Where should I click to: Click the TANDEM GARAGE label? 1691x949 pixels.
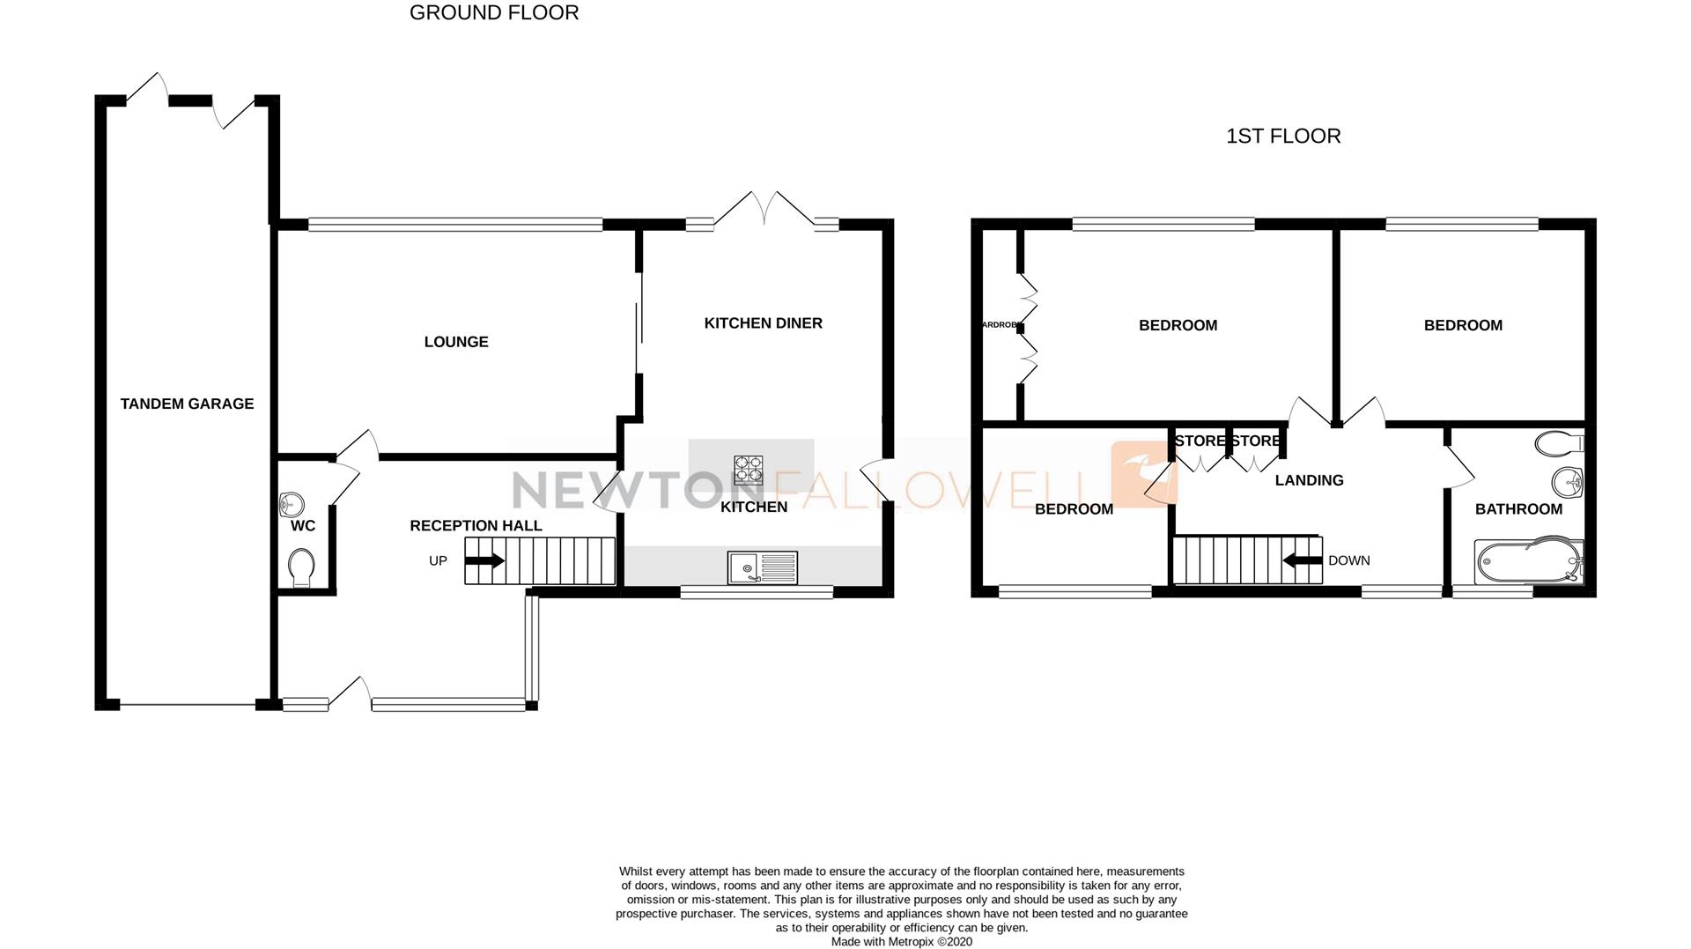[187, 404]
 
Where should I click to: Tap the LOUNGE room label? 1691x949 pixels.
[455, 342]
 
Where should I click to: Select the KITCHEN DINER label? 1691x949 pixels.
[763, 323]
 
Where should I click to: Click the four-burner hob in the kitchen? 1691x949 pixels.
[748, 468]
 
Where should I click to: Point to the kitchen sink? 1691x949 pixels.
[762, 567]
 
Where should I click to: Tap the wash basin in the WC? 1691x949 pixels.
[291, 505]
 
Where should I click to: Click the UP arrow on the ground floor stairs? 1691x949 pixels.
[485, 560]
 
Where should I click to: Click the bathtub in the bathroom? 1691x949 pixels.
[1528, 561]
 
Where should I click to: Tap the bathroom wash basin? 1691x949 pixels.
[1568, 482]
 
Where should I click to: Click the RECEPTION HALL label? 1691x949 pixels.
[476, 526]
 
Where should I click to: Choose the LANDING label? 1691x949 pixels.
[1309, 480]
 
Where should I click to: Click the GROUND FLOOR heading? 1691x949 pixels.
[494, 13]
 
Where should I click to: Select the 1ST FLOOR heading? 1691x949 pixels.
[1283, 137]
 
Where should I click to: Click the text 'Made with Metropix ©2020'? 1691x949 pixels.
[901, 942]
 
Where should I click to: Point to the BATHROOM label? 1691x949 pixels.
[1518, 509]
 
